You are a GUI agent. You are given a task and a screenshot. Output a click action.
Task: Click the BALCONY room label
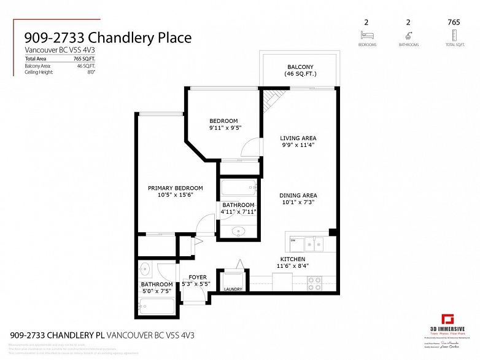tap(300, 67)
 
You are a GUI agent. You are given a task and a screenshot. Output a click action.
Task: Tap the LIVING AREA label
tap(298, 138)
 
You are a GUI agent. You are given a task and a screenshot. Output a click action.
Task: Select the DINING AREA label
tap(298, 195)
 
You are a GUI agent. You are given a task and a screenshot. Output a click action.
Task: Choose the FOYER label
tap(198, 277)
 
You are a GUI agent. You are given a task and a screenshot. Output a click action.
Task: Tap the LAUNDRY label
tap(233, 289)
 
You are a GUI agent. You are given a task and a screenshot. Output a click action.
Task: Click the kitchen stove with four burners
tap(314, 283)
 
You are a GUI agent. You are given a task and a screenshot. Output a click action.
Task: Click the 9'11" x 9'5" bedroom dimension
tap(223, 128)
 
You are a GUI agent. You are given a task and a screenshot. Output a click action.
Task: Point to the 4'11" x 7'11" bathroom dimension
tap(238, 212)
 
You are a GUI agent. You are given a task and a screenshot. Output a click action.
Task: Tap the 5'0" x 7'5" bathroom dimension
tap(157, 291)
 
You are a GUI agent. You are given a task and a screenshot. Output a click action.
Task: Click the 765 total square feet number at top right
tap(454, 22)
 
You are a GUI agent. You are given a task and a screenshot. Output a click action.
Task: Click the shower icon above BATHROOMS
tap(409, 36)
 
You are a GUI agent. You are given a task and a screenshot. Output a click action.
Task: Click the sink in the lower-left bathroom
tap(146, 268)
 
